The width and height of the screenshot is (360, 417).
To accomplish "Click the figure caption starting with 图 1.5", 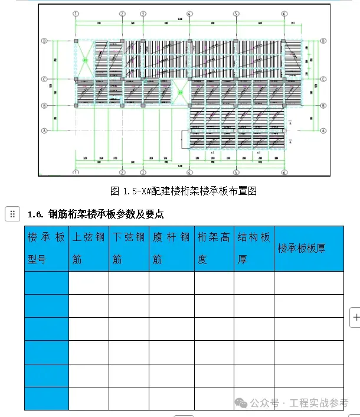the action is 184,191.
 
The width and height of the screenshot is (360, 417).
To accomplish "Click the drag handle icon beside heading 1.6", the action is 12,214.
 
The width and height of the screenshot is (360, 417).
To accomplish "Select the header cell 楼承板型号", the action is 46,248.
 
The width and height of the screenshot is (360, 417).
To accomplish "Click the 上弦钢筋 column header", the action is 89,248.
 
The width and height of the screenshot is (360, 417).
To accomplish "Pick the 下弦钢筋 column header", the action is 129,248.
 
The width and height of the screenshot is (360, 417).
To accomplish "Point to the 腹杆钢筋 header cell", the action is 171,248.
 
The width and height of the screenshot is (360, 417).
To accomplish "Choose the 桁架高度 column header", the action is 214,248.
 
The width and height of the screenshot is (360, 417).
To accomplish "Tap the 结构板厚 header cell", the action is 254,248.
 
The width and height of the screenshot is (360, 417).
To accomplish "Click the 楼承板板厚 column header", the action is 308,248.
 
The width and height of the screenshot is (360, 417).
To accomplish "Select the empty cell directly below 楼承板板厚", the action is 308,283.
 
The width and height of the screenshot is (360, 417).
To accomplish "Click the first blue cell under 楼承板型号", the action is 46,283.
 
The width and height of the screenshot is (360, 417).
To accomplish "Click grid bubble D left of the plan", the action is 44,41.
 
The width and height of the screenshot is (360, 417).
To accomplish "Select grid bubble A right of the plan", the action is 323,130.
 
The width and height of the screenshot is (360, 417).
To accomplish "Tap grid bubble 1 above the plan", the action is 76,13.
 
